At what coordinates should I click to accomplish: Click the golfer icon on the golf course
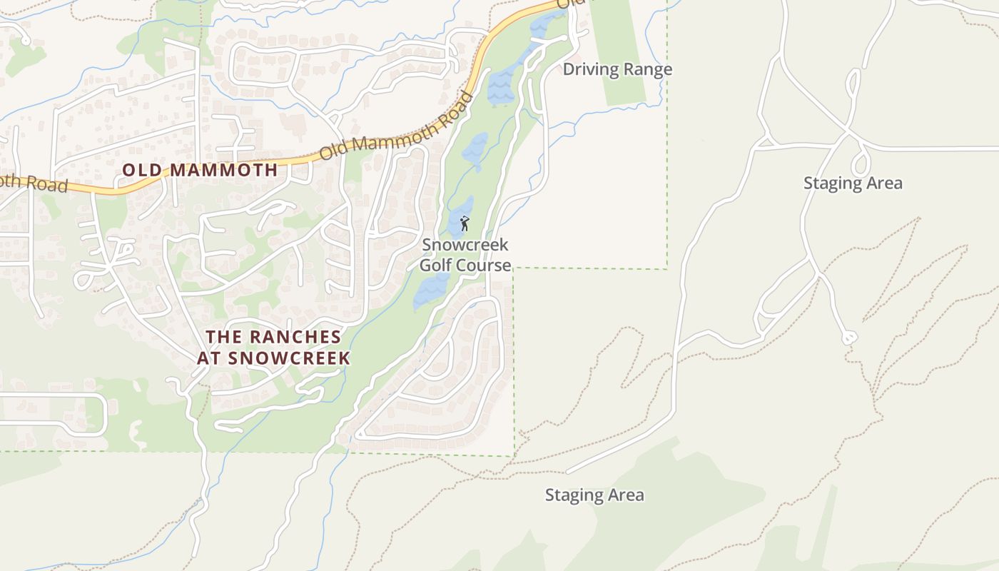pos(465,223)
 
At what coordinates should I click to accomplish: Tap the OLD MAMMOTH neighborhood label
pos(200,170)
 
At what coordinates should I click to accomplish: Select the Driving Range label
pos(617,69)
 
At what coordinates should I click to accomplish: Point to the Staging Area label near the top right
pos(853,183)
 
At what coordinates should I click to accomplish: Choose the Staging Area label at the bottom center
pos(594,495)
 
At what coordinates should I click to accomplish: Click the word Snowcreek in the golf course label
pos(465,245)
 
